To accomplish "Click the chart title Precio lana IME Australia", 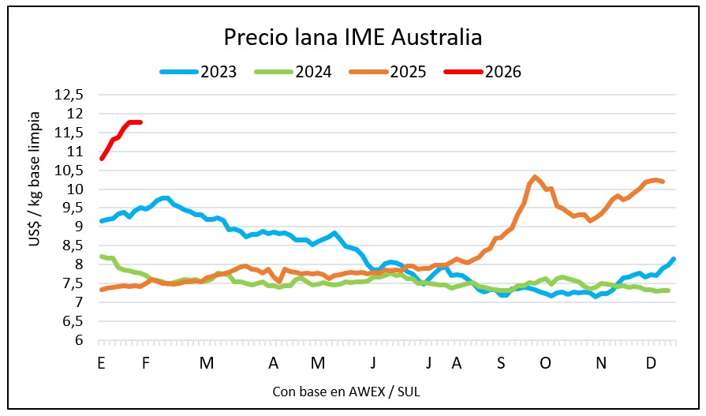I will coord(353,37).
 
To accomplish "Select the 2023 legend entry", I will coord(208,72).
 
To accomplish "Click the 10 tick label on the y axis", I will coord(76,189).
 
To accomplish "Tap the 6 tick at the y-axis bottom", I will coord(79,341).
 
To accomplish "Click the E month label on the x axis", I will coord(101,363).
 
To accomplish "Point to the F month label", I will coord(146,363).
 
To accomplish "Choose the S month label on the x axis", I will coord(501,363).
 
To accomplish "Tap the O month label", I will coord(545,363).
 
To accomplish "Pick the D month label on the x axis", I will coord(652,363).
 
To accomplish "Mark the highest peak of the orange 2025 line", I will coord(536,177).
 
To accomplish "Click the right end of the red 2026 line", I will coord(140,122).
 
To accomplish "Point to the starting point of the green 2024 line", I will coord(101,256).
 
